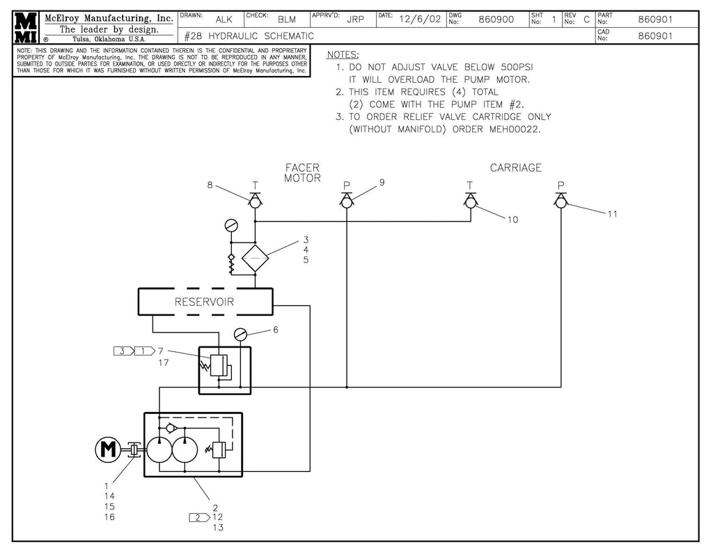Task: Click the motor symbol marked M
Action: pos(107,450)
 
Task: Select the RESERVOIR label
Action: pos(204,302)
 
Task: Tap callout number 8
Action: pos(210,185)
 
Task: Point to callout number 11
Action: pos(612,214)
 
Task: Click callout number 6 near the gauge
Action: pos(276,330)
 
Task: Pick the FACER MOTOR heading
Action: pos(302,173)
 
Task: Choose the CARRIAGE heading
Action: pos(515,168)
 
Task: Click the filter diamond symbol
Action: pos(256,258)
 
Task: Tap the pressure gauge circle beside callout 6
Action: pos(241,335)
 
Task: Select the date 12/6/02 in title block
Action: pos(420,20)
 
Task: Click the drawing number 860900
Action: pos(496,20)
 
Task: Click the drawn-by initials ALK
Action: pos(224,20)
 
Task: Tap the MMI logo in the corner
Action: pos(25,28)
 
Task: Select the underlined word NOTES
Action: pos(343,54)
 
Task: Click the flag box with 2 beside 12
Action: pos(198,517)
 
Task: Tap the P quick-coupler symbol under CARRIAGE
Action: pos(561,199)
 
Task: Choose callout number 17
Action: pos(164,362)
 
